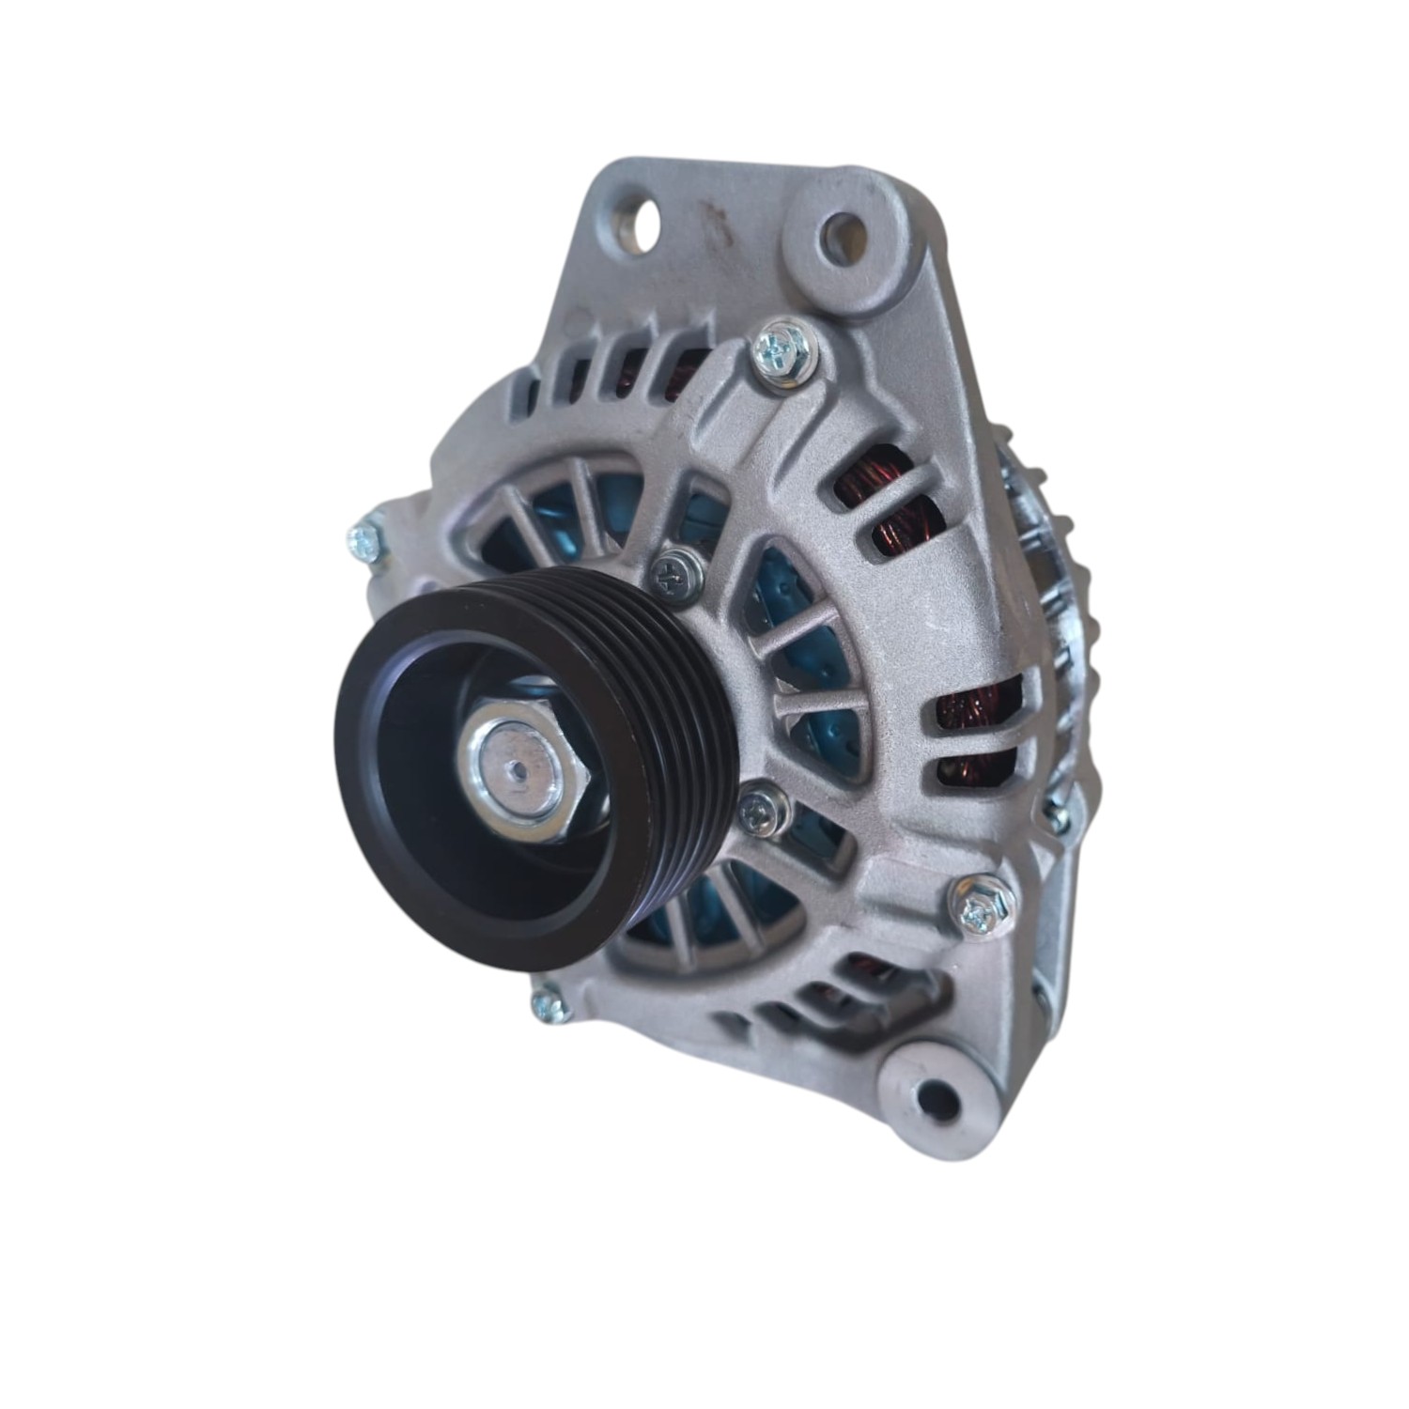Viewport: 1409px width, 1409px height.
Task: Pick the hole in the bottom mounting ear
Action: pos(934,1095)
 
